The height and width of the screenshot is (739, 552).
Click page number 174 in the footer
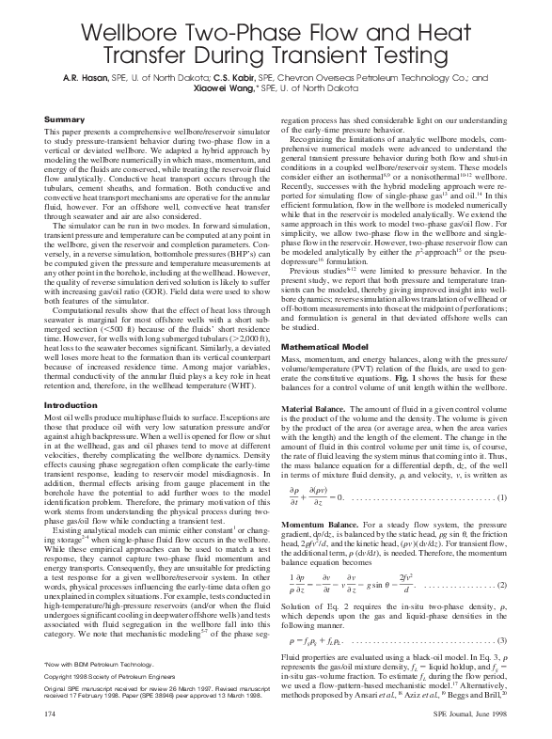(x=52, y=717)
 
